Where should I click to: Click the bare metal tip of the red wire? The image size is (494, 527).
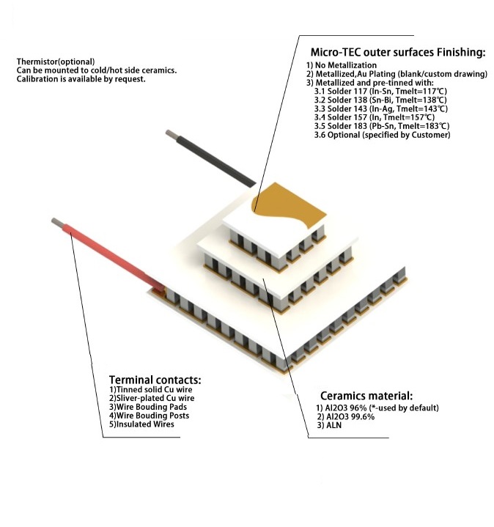click(56, 221)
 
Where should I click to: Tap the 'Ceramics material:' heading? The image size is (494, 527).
click(366, 395)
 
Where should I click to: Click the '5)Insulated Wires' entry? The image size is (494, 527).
click(144, 424)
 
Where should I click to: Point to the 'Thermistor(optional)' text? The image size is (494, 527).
click(56, 62)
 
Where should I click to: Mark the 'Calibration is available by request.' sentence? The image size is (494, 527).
click(81, 79)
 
